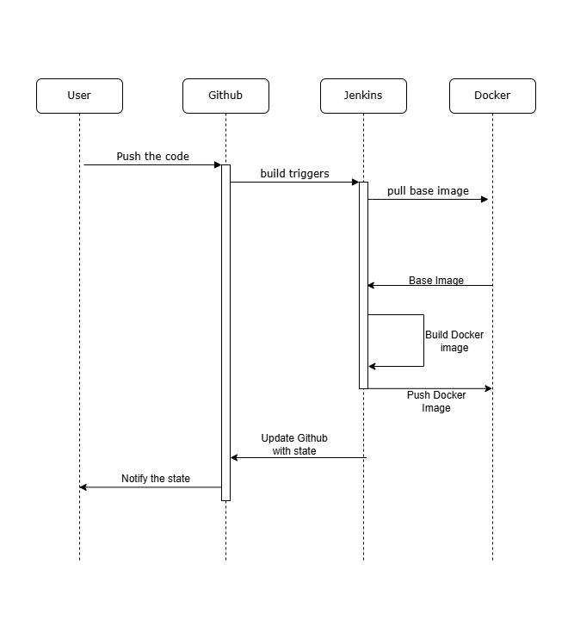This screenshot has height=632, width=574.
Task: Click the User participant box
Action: click(79, 96)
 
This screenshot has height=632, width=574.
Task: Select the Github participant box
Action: click(225, 96)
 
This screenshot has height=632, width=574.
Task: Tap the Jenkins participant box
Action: click(363, 96)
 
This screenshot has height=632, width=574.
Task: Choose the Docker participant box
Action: click(492, 96)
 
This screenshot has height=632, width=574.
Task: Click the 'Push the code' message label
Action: click(153, 157)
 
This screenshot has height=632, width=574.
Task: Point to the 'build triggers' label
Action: click(294, 174)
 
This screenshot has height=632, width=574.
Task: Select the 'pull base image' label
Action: click(428, 191)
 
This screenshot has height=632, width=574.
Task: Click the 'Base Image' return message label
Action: click(435, 281)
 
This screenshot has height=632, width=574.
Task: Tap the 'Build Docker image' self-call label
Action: click(454, 341)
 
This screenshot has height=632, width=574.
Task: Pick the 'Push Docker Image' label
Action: click(436, 401)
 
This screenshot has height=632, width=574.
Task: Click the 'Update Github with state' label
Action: click(294, 444)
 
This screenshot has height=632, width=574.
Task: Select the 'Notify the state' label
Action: click(156, 479)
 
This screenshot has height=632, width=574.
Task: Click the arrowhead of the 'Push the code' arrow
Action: click(218, 164)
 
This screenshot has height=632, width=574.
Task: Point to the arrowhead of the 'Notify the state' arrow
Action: click(83, 487)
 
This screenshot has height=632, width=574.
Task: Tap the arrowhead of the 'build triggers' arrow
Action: click(355, 182)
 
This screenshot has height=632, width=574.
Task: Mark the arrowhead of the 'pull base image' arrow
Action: click(485, 199)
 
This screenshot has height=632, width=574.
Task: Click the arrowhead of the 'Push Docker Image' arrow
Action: click(488, 388)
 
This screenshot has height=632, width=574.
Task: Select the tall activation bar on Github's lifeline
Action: click(225, 331)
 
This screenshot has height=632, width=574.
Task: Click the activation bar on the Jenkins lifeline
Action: click(363, 284)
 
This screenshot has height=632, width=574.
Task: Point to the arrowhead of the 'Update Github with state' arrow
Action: click(234, 457)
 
